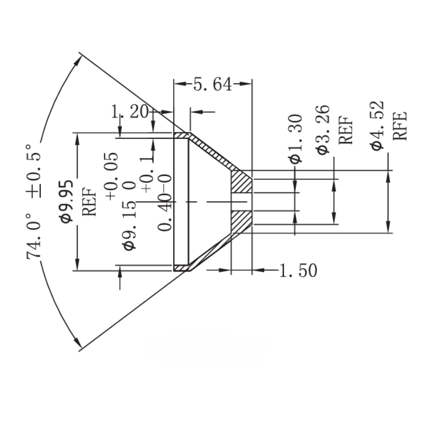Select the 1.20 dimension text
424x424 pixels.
click(x=130, y=112)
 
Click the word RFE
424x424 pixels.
click(x=400, y=125)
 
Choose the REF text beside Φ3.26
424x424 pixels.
click(x=346, y=130)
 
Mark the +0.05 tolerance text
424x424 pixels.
click(x=112, y=174)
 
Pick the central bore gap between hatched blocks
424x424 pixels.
click(x=242, y=201)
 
